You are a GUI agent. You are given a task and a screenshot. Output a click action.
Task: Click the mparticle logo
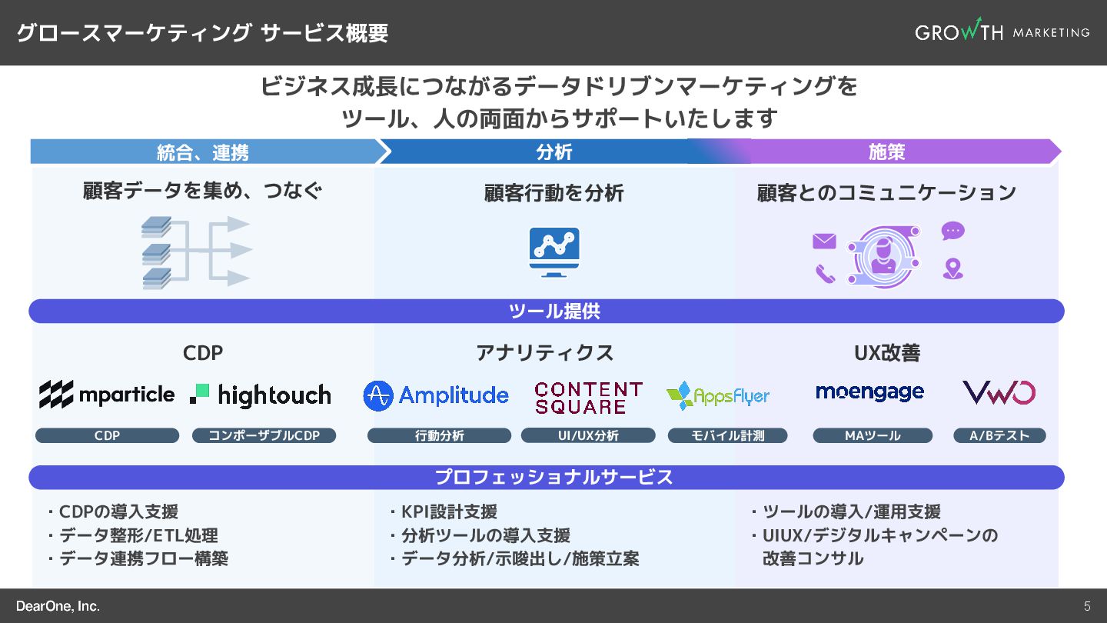107,395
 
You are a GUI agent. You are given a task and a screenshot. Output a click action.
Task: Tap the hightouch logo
261,395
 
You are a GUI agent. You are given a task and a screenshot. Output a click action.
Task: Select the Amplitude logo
436,395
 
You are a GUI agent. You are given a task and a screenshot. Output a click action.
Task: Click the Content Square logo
588,398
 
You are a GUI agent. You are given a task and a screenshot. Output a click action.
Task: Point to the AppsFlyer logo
718,396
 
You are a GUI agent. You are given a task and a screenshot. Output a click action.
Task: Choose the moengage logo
869,392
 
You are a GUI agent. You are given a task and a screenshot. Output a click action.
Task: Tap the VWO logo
999,393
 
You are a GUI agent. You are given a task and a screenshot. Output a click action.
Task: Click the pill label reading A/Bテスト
999,435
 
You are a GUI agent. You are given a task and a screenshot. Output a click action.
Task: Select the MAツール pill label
873,435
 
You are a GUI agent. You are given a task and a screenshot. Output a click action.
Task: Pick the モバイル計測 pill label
727,435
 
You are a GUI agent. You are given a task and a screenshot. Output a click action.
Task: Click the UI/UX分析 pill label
588,435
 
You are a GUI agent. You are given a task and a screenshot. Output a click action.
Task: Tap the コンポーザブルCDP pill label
264,435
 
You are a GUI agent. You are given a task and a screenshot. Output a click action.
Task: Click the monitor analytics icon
554,252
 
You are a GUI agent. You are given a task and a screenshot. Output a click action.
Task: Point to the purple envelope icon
824,242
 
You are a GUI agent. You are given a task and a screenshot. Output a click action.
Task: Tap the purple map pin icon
953,268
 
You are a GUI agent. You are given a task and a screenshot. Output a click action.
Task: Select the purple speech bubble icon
953,231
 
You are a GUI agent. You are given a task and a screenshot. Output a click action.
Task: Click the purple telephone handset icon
825,273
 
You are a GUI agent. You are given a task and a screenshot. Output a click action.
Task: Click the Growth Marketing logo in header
1002,32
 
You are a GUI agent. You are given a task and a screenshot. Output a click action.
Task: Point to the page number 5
1087,606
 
